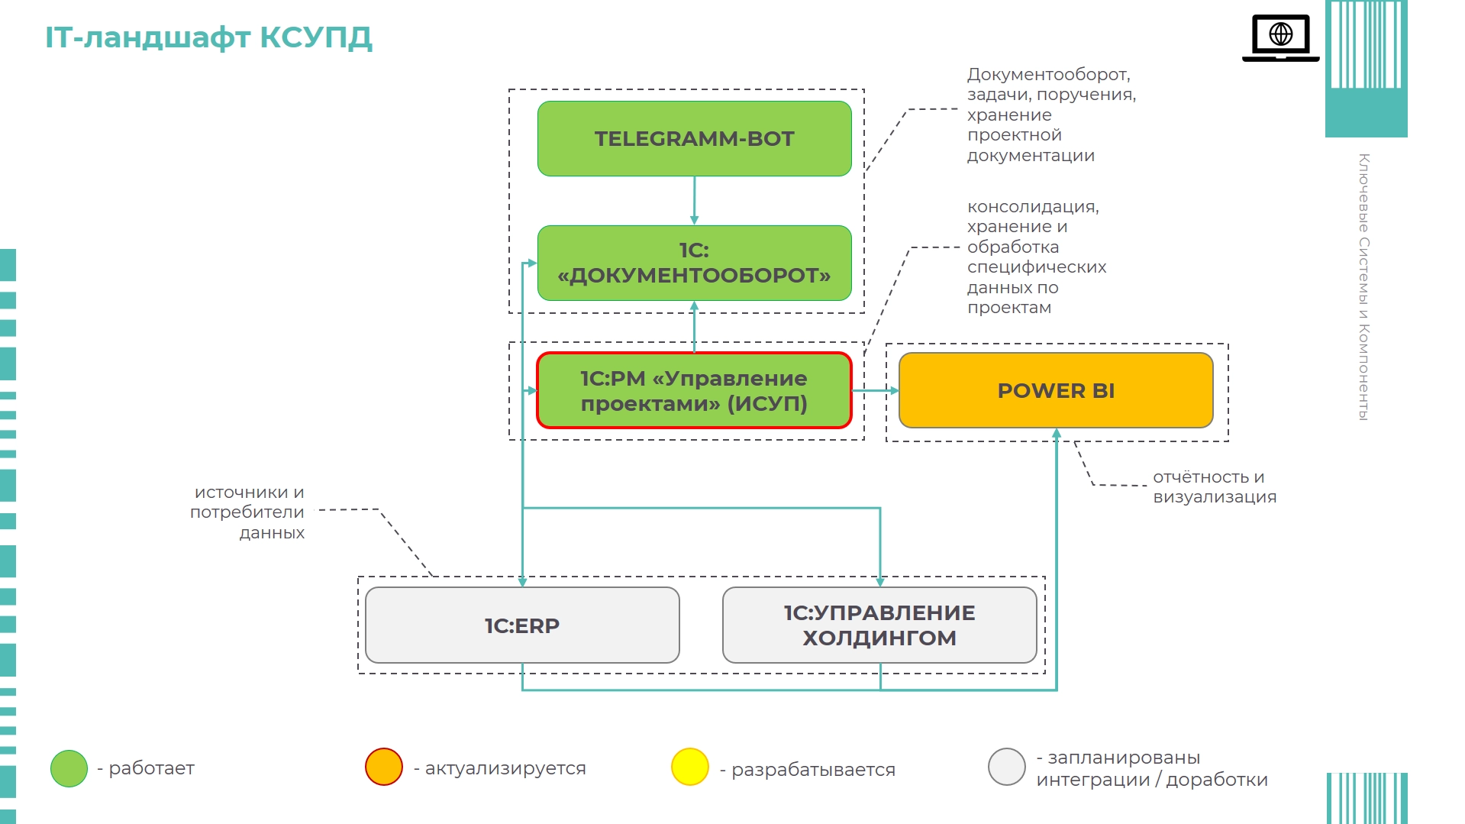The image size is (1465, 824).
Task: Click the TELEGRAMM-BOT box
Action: coord(694,139)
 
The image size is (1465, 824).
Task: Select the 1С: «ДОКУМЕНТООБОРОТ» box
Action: coord(694,263)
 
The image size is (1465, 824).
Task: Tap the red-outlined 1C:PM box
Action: coord(694,390)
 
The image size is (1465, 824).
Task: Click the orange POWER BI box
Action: coord(1056,390)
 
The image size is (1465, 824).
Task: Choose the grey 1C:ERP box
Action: coord(522,625)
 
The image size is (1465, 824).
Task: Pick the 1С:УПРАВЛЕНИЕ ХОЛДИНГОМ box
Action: coord(879,625)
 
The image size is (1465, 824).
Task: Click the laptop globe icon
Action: coord(1280,37)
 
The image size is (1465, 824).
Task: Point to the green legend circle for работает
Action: coord(69,768)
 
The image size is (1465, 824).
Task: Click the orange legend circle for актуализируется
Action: coord(383,767)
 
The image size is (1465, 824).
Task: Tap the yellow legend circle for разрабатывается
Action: coord(690,767)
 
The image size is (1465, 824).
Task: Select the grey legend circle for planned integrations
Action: coord(1006,767)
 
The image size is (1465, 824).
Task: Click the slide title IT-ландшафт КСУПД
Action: coord(208,37)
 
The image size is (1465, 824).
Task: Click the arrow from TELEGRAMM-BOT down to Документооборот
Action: coord(694,200)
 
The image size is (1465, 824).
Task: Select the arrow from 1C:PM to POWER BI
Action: coord(875,390)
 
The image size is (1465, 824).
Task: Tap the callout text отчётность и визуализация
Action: coord(1214,486)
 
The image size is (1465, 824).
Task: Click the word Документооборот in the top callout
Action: coord(1048,75)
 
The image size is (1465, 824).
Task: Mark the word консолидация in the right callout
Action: coord(1032,207)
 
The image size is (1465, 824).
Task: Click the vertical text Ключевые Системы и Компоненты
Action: coord(1363,286)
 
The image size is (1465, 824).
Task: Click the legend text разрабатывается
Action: coord(813,769)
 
